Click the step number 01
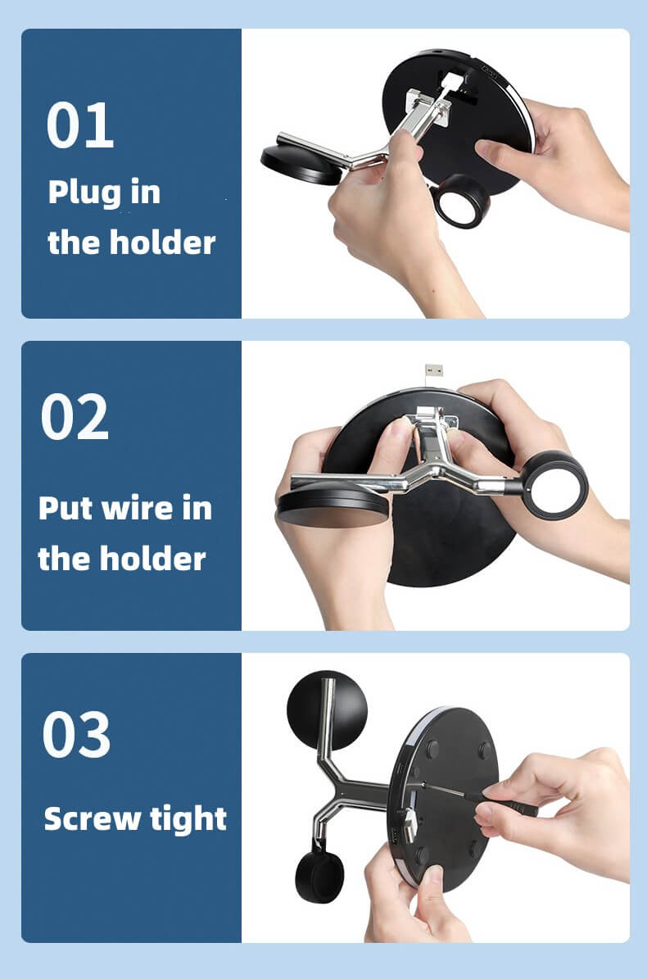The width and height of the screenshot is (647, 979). [80, 125]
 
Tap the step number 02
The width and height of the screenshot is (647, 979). [75, 417]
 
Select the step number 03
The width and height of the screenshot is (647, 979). [77, 734]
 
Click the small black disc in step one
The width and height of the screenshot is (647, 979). [301, 164]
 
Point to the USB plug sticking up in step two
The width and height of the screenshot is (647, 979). [433, 370]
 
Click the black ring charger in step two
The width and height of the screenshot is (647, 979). [554, 485]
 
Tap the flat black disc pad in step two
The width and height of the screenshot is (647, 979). [333, 506]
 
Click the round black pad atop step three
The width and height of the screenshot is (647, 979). [327, 710]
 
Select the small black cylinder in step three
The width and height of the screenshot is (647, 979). [319, 876]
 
